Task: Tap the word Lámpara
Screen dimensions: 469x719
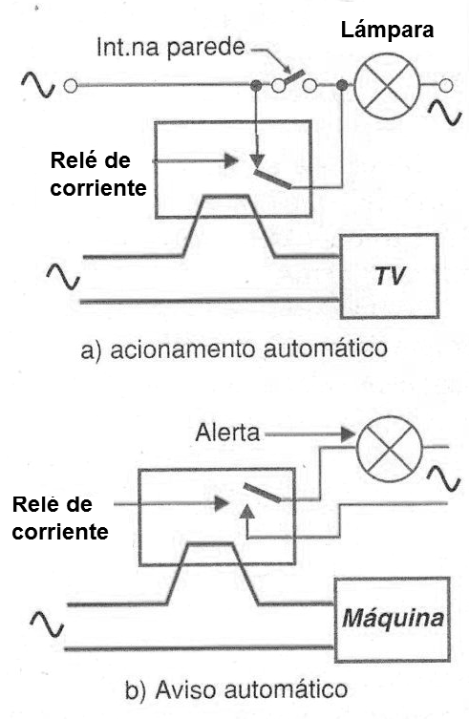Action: pyautogui.click(x=387, y=31)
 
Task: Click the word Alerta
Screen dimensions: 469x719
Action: pyautogui.click(x=227, y=433)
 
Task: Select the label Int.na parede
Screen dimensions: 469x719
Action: pyautogui.click(x=171, y=48)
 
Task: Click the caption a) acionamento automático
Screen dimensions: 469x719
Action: pyautogui.click(x=234, y=349)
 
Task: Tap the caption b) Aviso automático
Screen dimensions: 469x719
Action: pyautogui.click(x=236, y=690)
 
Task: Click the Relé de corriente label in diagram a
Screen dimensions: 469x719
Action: pyautogui.click(x=98, y=174)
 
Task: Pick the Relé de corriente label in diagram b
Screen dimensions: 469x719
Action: pyautogui.click(x=60, y=518)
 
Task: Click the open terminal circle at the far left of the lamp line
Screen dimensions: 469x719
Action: pyautogui.click(x=71, y=86)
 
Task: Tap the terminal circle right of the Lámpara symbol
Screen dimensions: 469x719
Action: pyautogui.click(x=445, y=86)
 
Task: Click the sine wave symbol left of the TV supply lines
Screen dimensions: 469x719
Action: pyautogui.click(x=63, y=277)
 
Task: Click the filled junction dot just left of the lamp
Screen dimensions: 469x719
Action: pyautogui.click(x=341, y=85)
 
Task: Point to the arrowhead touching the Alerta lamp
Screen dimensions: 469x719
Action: pyautogui.click(x=349, y=434)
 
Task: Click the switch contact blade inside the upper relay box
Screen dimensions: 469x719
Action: pyautogui.click(x=272, y=180)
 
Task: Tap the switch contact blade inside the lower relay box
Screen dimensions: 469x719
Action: pyautogui.click(x=262, y=493)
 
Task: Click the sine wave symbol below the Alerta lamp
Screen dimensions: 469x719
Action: pyautogui.click(x=444, y=479)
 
